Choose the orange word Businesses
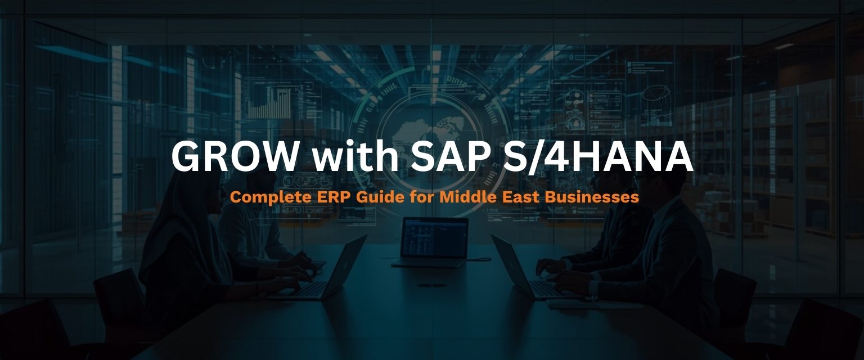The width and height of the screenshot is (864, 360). click(597, 198)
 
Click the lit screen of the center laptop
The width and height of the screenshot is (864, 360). click(434, 237)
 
